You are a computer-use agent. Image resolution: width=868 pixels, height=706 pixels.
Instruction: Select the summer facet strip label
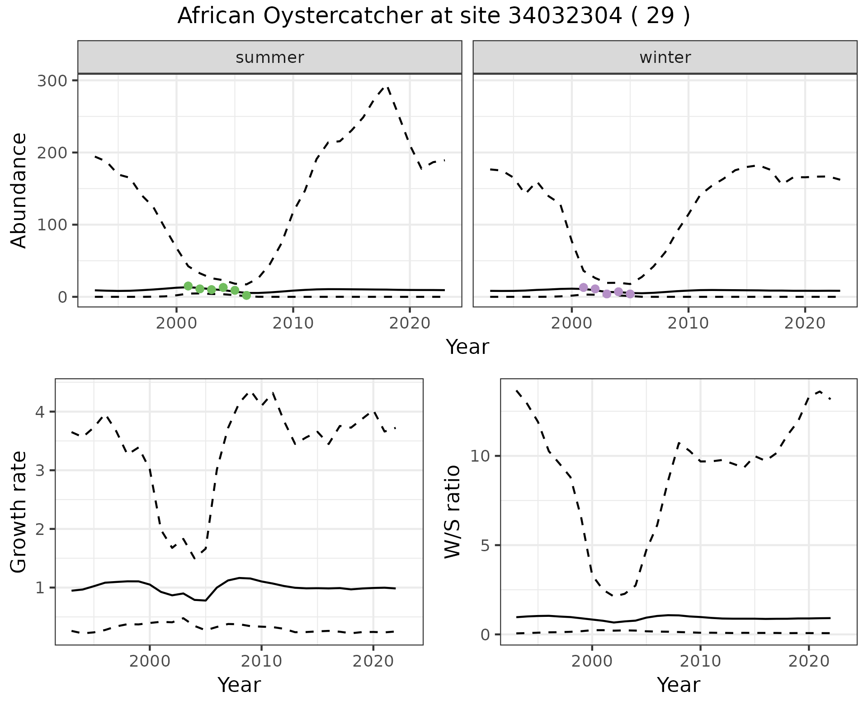pos(270,57)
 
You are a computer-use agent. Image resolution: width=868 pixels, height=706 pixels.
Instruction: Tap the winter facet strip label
pos(665,57)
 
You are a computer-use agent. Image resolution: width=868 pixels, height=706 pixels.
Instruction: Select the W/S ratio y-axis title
pos(453,512)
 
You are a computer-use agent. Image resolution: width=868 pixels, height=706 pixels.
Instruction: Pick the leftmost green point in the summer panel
pos(188,286)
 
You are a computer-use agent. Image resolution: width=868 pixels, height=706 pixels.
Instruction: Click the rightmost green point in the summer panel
pos(246,296)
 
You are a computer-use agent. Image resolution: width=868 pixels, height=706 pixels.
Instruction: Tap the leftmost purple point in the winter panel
pos(584,287)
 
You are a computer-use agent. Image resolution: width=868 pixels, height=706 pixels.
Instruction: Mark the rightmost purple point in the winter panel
pos(630,294)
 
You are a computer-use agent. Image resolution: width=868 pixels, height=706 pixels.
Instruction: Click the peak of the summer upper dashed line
pos(387,86)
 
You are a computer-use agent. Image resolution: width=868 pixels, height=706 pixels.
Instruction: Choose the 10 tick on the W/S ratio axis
pos(481,456)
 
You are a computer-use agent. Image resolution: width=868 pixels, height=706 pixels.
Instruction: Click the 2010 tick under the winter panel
pos(688,324)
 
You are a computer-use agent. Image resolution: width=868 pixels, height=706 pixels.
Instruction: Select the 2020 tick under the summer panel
pos(409,324)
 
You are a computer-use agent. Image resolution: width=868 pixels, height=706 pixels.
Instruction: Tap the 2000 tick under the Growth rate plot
pos(150,661)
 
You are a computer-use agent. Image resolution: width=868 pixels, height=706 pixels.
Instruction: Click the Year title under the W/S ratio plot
pos(679,685)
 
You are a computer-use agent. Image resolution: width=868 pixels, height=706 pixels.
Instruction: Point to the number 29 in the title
pos(661,16)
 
